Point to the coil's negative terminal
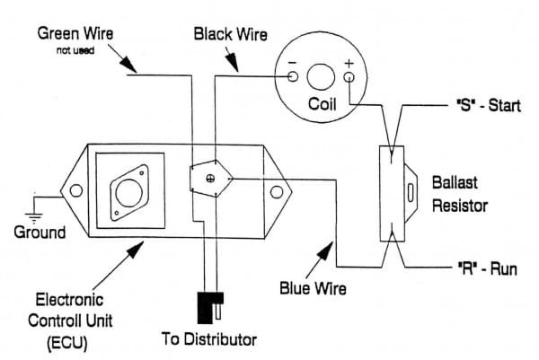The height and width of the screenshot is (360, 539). coord(293,77)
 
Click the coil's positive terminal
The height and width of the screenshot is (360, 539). coord(349,77)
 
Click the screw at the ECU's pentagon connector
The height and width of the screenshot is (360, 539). coord(210,180)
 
